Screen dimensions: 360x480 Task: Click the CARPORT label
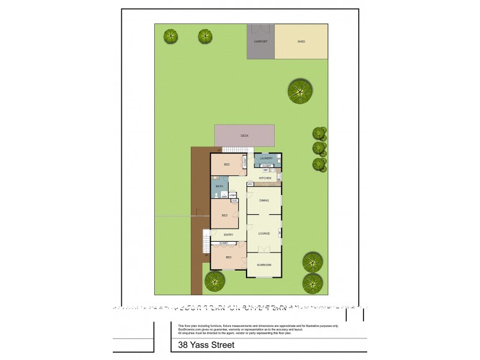click(x=260, y=42)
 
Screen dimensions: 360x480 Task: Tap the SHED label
click(x=301, y=42)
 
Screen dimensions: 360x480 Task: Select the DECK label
click(x=245, y=136)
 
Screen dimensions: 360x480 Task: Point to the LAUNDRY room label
click(x=266, y=158)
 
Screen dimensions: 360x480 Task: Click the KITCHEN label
click(x=265, y=178)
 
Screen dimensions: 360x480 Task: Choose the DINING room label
click(x=264, y=200)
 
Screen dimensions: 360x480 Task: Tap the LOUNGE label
click(x=264, y=233)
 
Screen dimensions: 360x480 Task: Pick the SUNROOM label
click(x=264, y=265)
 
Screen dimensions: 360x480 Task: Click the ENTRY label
click(x=228, y=235)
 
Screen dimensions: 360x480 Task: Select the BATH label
click(x=219, y=187)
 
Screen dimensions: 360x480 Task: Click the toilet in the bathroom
click(x=224, y=196)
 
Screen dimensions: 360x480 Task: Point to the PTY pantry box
click(x=250, y=184)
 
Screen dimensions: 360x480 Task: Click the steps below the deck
click(x=239, y=149)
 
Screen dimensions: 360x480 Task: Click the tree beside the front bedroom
click(x=215, y=281)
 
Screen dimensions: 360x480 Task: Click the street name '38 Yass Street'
click(x=204, y=346)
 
